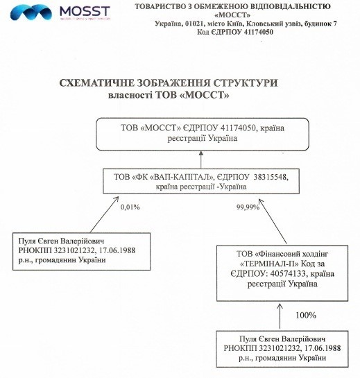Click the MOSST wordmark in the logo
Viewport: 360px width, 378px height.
[x=85, y=11]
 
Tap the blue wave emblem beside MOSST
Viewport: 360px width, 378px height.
[x=31, y=12]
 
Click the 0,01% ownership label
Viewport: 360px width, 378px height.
[x=130, y=207]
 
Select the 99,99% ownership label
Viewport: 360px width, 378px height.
[x=248, y=207]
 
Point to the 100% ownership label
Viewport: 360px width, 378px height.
[x=306, y=316]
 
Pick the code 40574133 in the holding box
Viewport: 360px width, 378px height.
[x=289, y=274]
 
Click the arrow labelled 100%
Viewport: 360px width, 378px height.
[x=280, y=316]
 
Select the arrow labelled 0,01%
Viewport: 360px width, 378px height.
[x=105, y=214]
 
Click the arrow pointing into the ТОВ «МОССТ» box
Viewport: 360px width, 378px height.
[x=201, y=160]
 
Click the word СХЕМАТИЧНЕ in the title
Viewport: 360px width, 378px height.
[x=96, y=83]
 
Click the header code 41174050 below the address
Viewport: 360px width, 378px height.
[x=259, y=32]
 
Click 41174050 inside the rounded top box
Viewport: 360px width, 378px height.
[x=237, y=128]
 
